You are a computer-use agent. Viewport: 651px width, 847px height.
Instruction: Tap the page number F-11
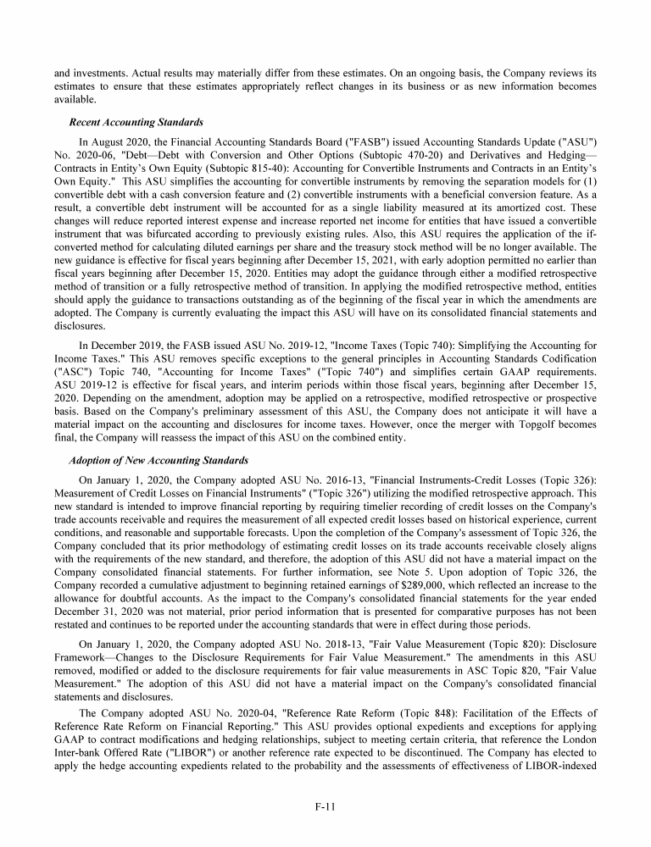(325, 806)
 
